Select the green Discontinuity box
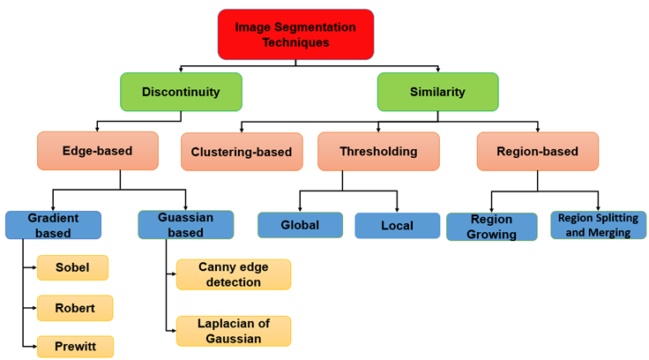point(181,92)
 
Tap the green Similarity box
point(437,92)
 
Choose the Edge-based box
point(97,151)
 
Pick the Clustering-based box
point(242,152)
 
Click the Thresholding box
point(378,151)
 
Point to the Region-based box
point(537,151)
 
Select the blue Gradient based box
point(53,225)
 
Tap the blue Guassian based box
point(185,225)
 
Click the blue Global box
point(300,225)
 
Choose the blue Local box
point(397,226)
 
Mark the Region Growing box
point(491,227)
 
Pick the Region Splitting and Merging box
point(598,225)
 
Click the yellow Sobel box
point(72,267)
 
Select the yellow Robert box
point(74,308)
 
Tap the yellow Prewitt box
point(74,346)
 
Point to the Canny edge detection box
point(233,274)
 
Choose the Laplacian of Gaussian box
point(233,330)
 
